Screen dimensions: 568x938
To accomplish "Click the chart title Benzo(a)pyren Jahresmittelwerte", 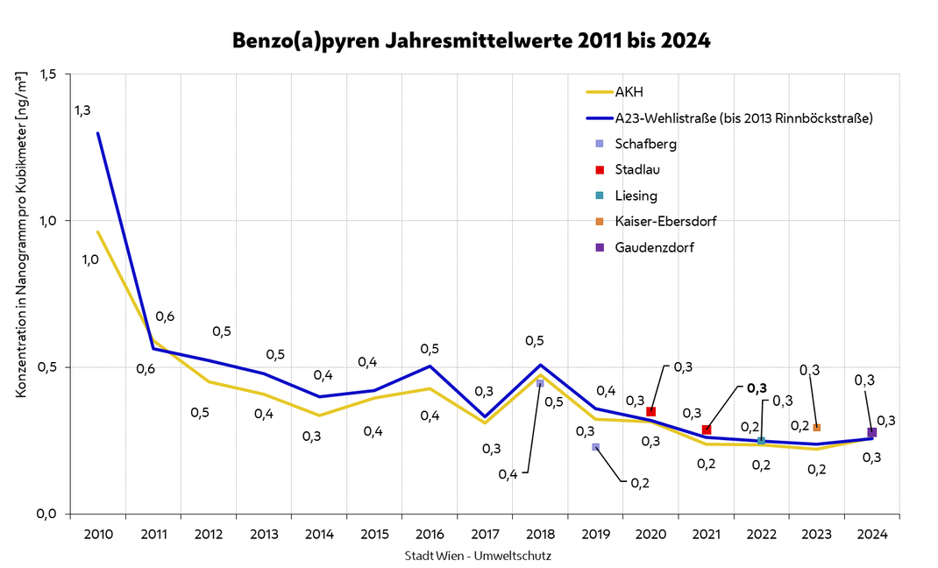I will click(x=471, y=40).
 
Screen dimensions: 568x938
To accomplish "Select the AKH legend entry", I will click(x=629, y=91).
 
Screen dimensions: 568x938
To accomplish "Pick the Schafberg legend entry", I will click(x=645, y=144).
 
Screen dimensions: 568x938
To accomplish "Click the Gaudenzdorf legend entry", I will click(x=655, y=248).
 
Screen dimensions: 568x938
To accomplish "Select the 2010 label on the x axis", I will click(x=97, y=534).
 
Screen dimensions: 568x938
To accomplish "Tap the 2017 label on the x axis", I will click(x=485, y=534).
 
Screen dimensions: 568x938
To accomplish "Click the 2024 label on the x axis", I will click(x=871, y=534).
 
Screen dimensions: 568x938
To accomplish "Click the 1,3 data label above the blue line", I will click(x=82, y=110).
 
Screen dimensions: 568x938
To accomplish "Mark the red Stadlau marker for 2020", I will click(x=650, y=411).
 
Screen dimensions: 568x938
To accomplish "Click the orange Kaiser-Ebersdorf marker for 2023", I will click(x=816, y=428).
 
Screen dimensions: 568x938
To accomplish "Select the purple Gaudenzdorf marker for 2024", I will click(x=871, y=432).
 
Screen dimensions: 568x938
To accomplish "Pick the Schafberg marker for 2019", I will click(x=595, y=447).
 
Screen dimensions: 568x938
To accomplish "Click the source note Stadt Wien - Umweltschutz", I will click(x=478, y=556).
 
